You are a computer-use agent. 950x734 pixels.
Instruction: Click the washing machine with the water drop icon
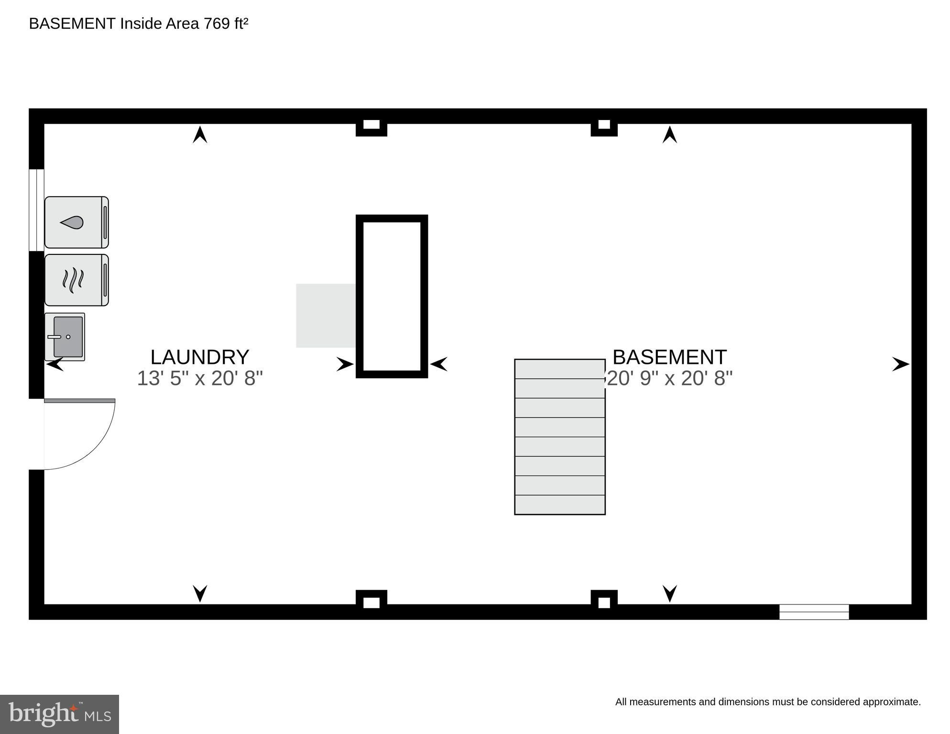[x=76, y=222]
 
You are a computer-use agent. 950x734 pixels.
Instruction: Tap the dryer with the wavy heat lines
[x=76, y=280]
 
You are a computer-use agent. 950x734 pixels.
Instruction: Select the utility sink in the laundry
[x=65, y=337]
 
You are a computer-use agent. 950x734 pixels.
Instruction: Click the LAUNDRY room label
[x=200, y=357]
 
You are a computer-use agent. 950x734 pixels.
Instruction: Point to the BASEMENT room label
[x=669, y=357]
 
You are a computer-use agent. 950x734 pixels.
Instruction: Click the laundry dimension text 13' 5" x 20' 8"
[x=200, y=378]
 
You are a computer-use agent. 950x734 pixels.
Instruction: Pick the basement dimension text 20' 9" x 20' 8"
[x=669, y=378]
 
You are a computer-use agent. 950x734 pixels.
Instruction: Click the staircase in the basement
[x=559, y=437]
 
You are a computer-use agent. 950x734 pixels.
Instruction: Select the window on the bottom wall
[x=814, y=612]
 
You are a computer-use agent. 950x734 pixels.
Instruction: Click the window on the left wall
[x=36, y=210]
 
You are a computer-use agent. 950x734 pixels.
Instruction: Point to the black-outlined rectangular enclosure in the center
[x=392, y=296]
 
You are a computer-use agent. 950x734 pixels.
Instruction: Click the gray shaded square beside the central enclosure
[x=326, y=316]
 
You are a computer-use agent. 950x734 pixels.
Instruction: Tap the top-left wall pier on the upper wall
[x=371, y=126]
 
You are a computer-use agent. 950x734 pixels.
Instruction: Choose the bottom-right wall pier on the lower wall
[x=604, y=601]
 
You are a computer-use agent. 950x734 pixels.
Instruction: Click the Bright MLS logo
[x=59, y=714]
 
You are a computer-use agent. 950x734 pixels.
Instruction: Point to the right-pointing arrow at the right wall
[x=900, y=364]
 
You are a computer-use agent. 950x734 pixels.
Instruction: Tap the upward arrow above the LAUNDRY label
[x=200, y=134]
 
